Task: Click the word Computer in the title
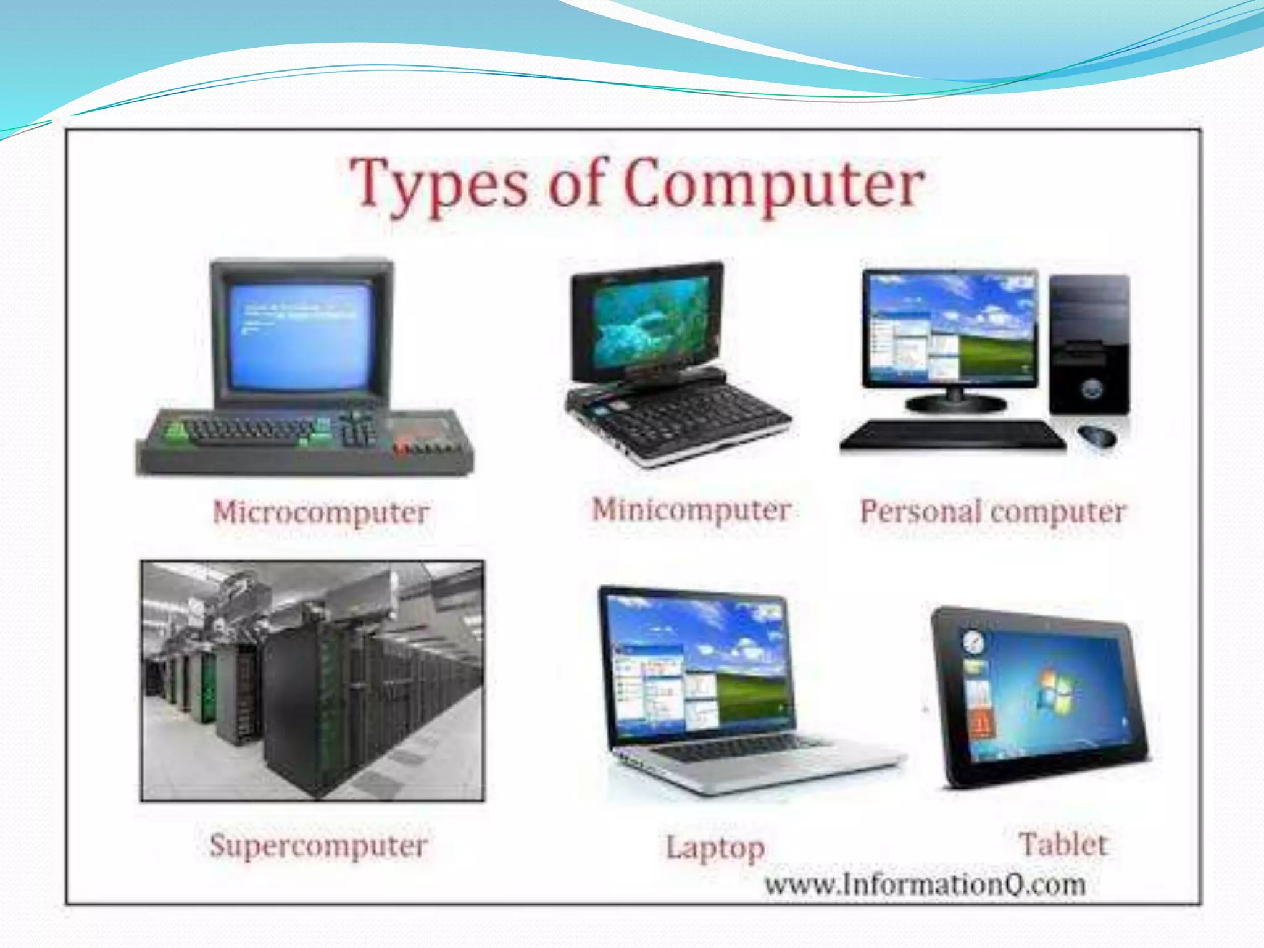(774, 184)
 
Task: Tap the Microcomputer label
(320, 512)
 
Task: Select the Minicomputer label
(691, 510)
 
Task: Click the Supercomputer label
(318, 845)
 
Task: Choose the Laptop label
(715, 847)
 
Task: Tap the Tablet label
(1063, 844)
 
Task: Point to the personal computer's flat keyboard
(952, 434)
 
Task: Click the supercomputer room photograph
(312, 681)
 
